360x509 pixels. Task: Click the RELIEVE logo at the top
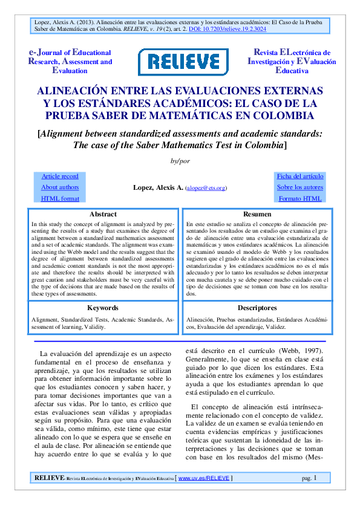(180, 62)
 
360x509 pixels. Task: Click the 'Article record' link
(60, 177)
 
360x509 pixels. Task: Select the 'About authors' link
(60, 187)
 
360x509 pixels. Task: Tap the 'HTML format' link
(60, 198)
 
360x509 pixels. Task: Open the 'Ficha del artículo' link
(300, 177)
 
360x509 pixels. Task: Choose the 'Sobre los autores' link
(300, 187)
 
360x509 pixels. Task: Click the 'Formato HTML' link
(300, 198)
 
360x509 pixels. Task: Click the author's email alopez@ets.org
(206, 189)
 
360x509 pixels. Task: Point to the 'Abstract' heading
(103, 215)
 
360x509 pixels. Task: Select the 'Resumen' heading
(257, 215)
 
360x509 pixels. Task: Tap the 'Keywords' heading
(103, 308)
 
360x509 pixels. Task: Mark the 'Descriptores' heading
(257, 308)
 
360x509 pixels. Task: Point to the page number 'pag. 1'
(309, 478)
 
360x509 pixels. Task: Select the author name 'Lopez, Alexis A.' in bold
(158, 188)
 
